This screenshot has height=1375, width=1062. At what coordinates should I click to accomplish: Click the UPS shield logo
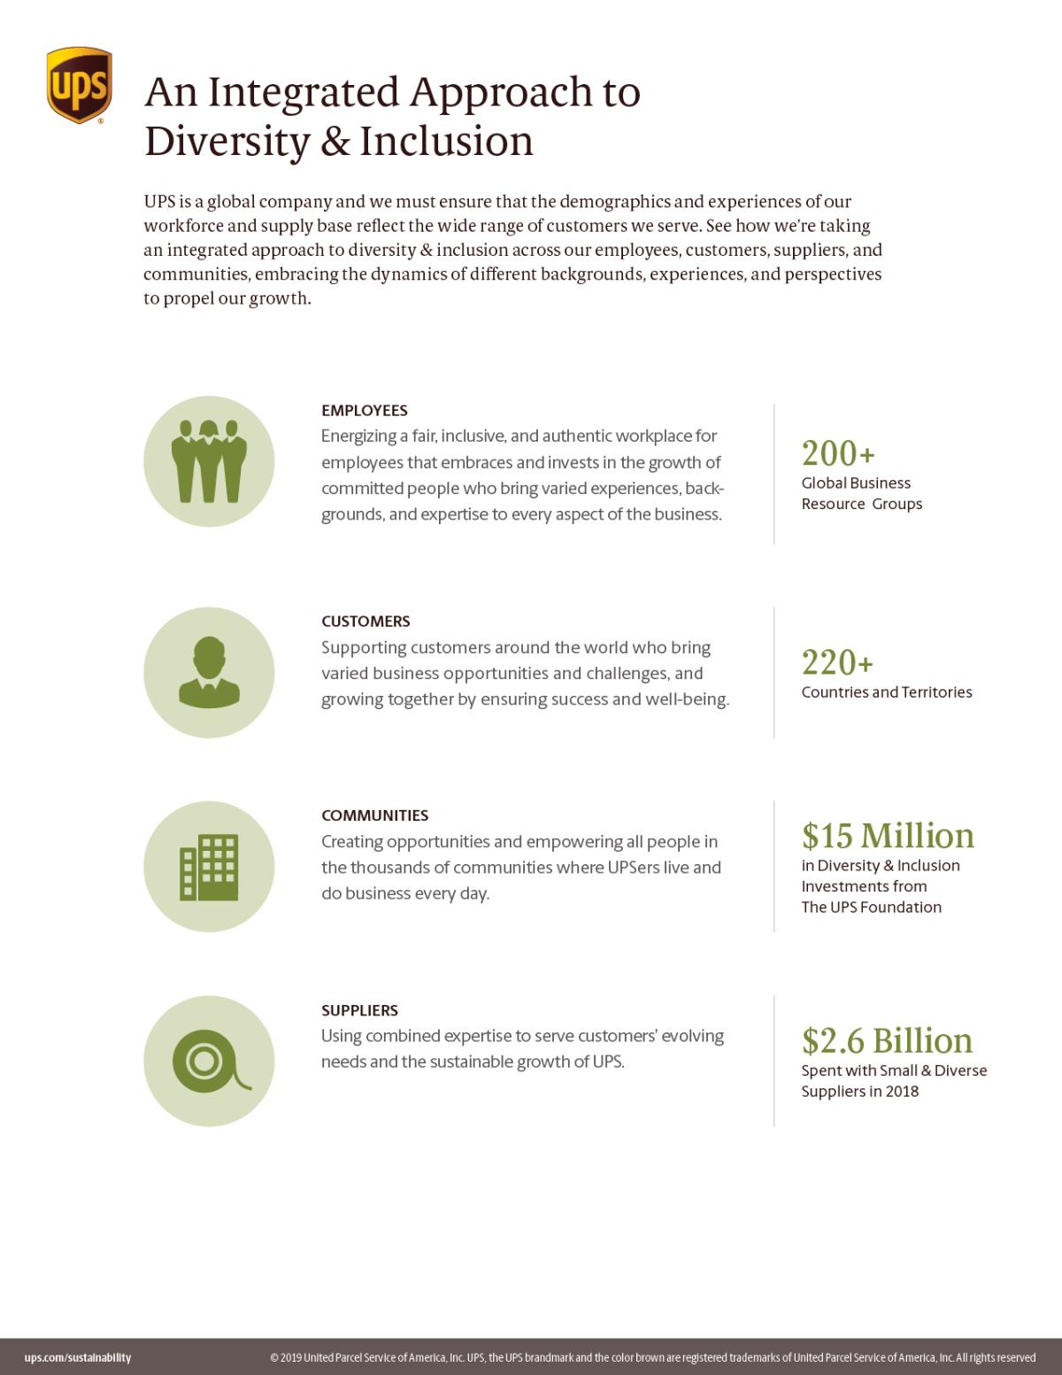coord(79,85)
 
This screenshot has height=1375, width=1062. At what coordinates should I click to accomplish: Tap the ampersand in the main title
coord(335,142)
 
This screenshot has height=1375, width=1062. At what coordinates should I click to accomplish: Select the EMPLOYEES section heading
coord(364,411)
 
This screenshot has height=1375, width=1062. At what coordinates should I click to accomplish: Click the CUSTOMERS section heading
coord(366,622)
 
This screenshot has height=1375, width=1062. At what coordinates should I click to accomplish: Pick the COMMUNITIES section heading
coord(374,815)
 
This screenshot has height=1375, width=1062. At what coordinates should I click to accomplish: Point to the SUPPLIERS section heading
coord(359,1010)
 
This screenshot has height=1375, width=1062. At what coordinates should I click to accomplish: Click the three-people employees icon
coord(209,460)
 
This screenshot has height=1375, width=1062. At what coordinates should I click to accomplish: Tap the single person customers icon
coord(209,672)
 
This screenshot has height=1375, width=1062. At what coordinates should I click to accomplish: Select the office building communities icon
coord(209,867)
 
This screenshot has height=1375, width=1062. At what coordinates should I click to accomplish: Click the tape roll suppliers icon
coord(209,1061)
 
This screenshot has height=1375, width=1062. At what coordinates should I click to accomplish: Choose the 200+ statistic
coord(838,453)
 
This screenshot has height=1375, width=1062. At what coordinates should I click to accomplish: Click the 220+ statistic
coord(837,662)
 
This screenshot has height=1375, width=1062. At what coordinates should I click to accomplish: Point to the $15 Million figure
coord(888,836)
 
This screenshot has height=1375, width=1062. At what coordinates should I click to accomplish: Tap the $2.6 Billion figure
coord(887,1040)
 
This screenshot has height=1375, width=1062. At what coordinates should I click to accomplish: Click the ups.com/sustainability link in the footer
coord(78,1357)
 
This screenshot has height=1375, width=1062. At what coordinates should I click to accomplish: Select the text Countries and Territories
coord(887,692)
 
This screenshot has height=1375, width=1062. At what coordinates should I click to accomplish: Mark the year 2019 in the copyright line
coord(290,1357)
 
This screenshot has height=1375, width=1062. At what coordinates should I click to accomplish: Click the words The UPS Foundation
coord(872,908)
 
